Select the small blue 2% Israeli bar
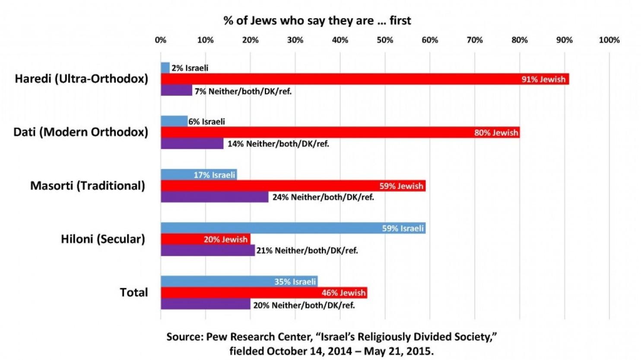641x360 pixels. (x=165, y=68)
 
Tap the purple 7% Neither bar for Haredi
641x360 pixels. (x=176, y=90)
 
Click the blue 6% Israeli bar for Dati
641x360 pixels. (x=174, y=121)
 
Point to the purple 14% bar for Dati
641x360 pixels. (x=192, y=144)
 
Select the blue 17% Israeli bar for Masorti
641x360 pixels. (x=199, y=175)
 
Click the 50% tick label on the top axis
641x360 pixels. (x=384, y=40)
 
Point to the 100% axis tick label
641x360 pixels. (x=609, y=40)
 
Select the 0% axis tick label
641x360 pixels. (x=160, y=40)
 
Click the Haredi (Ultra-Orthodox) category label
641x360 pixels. (x=81, y=79)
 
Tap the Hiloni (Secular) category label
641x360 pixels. (x=103, y=239)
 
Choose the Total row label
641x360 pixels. (x=133, y=293)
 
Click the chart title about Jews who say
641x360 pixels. (x=317, y=20)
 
